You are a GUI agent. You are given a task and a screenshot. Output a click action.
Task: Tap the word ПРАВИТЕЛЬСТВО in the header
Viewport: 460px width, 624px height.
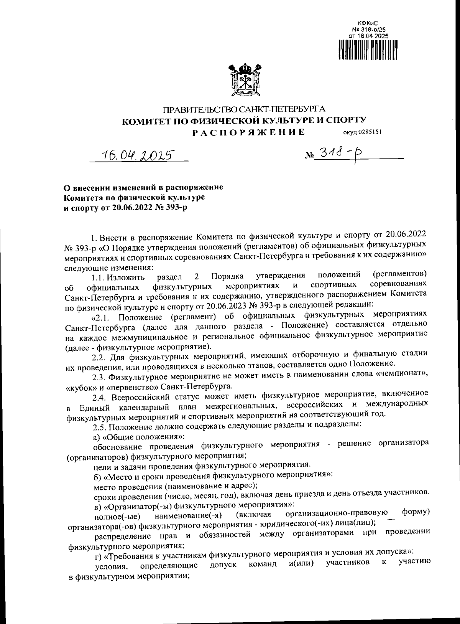pos(197,110)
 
